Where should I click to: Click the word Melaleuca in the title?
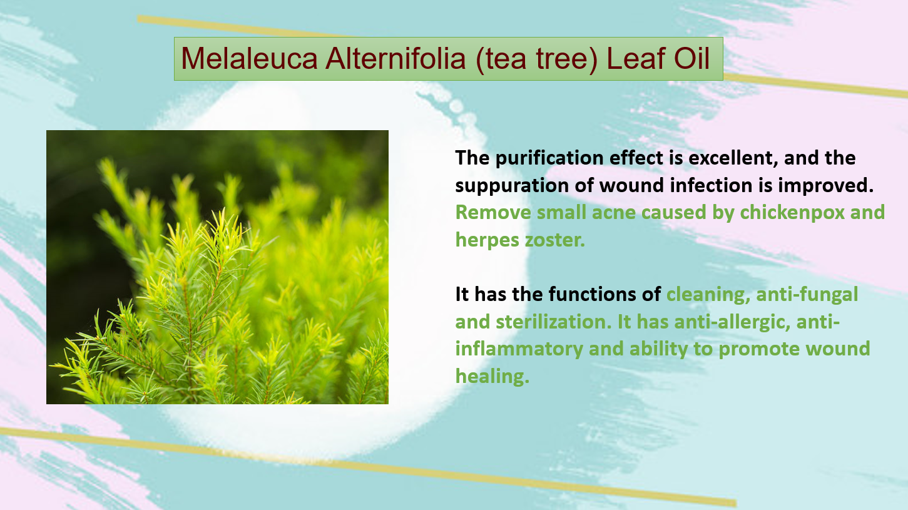(x=249, y=58)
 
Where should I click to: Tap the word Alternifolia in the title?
(x=395, y=58)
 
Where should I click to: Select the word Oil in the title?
(x=692, y=58)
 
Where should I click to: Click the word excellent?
(x=733, y=158)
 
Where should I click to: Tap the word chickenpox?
(x=792, y=212)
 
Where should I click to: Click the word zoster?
(x=554, y=240)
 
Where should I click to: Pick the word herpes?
(x=487, y=240)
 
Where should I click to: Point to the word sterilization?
(x=553, y=322)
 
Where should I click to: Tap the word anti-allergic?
(x=732, y=322)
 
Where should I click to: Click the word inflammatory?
(x=519, y=349)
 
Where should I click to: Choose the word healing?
(x=492, y=376)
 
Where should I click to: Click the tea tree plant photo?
(x=217, y=267)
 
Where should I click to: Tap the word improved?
(x=825, y=186)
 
